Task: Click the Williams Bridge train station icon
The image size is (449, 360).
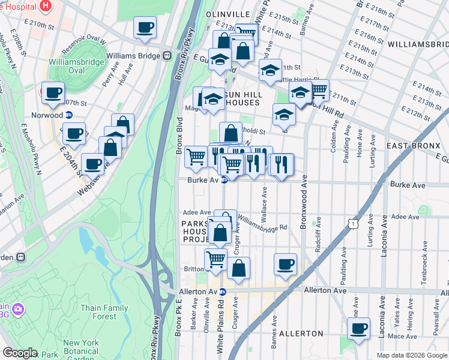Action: click(x=166, y=55)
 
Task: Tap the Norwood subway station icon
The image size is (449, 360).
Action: click(x=69, y=115)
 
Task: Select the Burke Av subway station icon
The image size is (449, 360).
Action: click(x=224, y=179)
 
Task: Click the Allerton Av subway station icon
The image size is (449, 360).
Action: click(x=222, y=292)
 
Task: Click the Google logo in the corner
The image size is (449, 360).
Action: click(x=20, y=353)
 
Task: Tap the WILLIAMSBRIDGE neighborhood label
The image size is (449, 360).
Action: click(x=418, y=44)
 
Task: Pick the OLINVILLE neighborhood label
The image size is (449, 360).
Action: click(x=228, y=13)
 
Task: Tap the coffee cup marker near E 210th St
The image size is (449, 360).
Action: click(x=145, y=28)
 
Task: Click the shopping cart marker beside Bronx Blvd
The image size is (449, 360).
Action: click(x=196, y=157)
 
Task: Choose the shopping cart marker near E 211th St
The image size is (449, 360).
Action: click(x=318, y=90)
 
